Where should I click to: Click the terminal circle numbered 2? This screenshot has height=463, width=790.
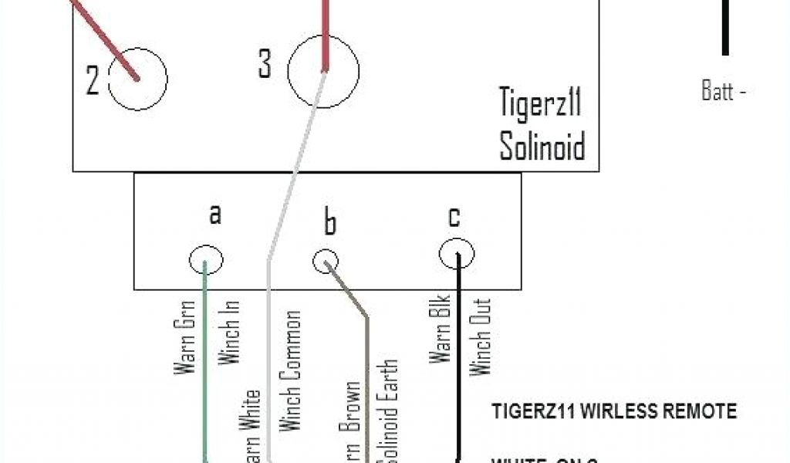coord(138,78)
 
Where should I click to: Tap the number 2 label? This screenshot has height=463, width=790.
coord(93,80)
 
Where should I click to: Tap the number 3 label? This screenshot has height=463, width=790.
coord(265,65)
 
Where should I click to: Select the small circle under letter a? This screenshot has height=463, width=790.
coord(206,260)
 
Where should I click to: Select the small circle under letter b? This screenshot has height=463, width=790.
coord(326,262)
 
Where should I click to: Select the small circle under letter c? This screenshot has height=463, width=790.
coord(457,253)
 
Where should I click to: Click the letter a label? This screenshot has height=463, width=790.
coord(215,214)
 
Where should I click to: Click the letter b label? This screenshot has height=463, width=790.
coord(329,223)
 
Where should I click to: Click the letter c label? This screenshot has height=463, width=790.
coord(454,218)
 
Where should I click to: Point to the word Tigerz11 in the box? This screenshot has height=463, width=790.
coord(539,103)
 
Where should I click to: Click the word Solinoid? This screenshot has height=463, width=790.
coord(542,146)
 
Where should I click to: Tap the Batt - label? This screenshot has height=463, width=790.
coord(724,91)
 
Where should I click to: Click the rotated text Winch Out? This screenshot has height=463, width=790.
coord(481,336)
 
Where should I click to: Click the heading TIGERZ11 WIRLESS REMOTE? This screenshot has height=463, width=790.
coord(614,411)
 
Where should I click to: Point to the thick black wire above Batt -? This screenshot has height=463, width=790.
coord(725,27)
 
